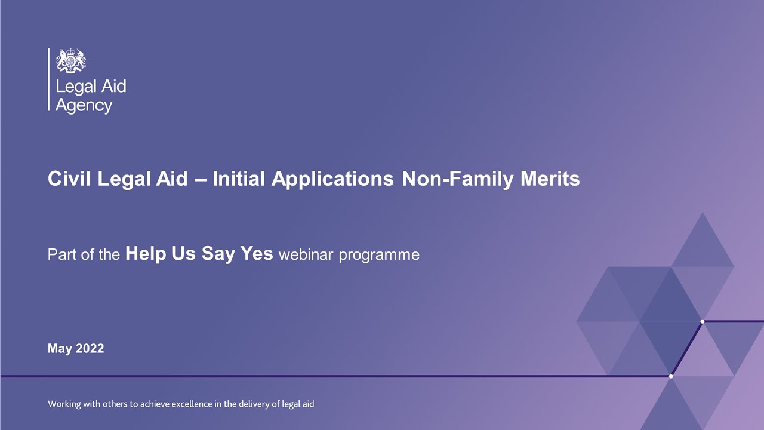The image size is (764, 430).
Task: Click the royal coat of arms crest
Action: [71, 60]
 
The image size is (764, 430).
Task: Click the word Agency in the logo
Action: [84, 106]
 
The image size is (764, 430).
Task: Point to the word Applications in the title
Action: [333, 179]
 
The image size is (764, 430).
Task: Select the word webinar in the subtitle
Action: [306, 255]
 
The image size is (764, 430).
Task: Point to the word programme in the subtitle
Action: [379, 255]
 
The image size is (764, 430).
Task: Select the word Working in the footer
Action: [64, 404]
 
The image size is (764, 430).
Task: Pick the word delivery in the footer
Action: [254, 404]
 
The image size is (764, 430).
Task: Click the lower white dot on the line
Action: [671, 376]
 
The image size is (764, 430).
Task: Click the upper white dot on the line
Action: [702, 321]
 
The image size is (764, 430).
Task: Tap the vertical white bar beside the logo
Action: [48, 79]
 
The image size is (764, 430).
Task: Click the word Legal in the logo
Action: [73, 87]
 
